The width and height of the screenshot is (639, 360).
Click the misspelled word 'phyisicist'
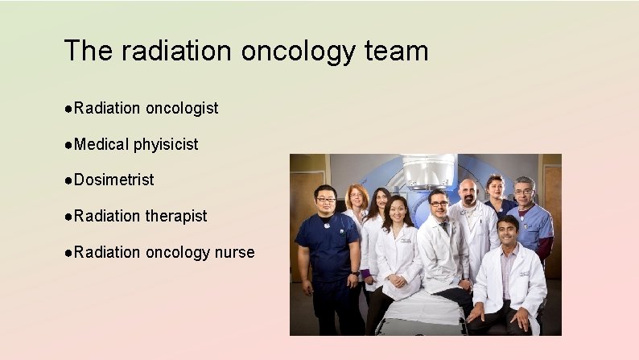(x=166, y=144)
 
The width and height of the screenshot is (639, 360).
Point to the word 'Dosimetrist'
(x=113, y=180)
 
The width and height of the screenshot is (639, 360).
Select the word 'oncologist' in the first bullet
(x=181, y=108)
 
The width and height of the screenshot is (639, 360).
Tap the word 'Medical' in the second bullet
(x=101, y=144)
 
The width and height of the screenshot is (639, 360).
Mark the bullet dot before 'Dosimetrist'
(x=69, y=180)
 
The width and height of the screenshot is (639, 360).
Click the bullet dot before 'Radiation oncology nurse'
(x=69, y=253)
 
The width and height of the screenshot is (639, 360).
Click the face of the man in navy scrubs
(x=325, y=198)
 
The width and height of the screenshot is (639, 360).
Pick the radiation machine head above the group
(x=428, y=171)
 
